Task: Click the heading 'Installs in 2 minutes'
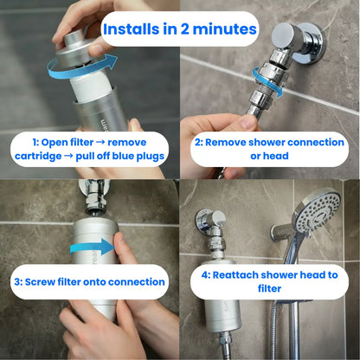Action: coord(179,29)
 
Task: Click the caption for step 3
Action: coord(88,281)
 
